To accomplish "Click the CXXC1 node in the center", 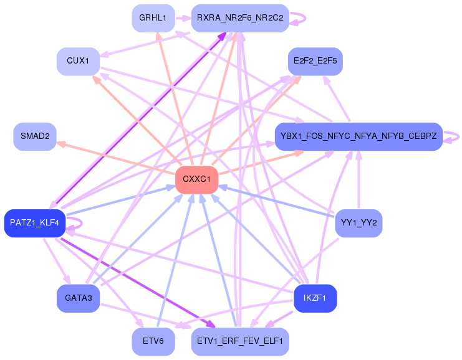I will coord(196,179).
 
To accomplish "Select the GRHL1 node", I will coord(153,18).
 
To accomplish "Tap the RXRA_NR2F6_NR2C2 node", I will coord(240,18).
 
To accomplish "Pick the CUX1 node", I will coord(79,61).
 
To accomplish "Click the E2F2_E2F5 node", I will coord(315,61).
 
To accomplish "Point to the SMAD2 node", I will coord(35,136).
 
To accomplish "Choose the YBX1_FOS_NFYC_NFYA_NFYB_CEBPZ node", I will coord(359,136).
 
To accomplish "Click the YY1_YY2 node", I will coord(359,223).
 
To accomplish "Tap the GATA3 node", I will coord(79,298).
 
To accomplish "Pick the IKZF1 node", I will coord(315,298).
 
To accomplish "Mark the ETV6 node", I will coord(153,341).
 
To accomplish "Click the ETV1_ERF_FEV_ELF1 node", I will coord(240,341).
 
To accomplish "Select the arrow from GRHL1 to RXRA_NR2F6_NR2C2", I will coord(182,18).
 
